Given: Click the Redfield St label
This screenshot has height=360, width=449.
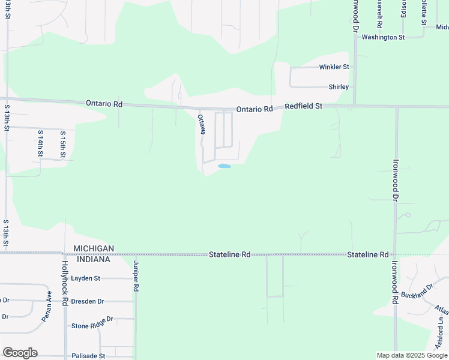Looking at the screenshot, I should tap(303, 106).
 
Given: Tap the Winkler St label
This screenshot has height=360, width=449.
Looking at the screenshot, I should tap(334, 67).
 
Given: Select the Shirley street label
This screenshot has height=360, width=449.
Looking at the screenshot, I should tap(339, 87).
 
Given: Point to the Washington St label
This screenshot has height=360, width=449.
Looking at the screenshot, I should tap(383, 37).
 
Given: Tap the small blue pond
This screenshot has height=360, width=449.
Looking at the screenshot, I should tap(224, 166).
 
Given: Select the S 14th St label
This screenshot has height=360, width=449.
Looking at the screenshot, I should tap(40, 143).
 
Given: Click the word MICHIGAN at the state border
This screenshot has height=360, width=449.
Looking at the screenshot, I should tap(94, 248).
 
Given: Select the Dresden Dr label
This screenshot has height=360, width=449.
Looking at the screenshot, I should tap(87, 301).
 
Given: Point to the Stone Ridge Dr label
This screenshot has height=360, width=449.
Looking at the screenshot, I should tap(92, 325).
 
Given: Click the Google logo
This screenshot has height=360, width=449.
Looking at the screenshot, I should tap(20, 353).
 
